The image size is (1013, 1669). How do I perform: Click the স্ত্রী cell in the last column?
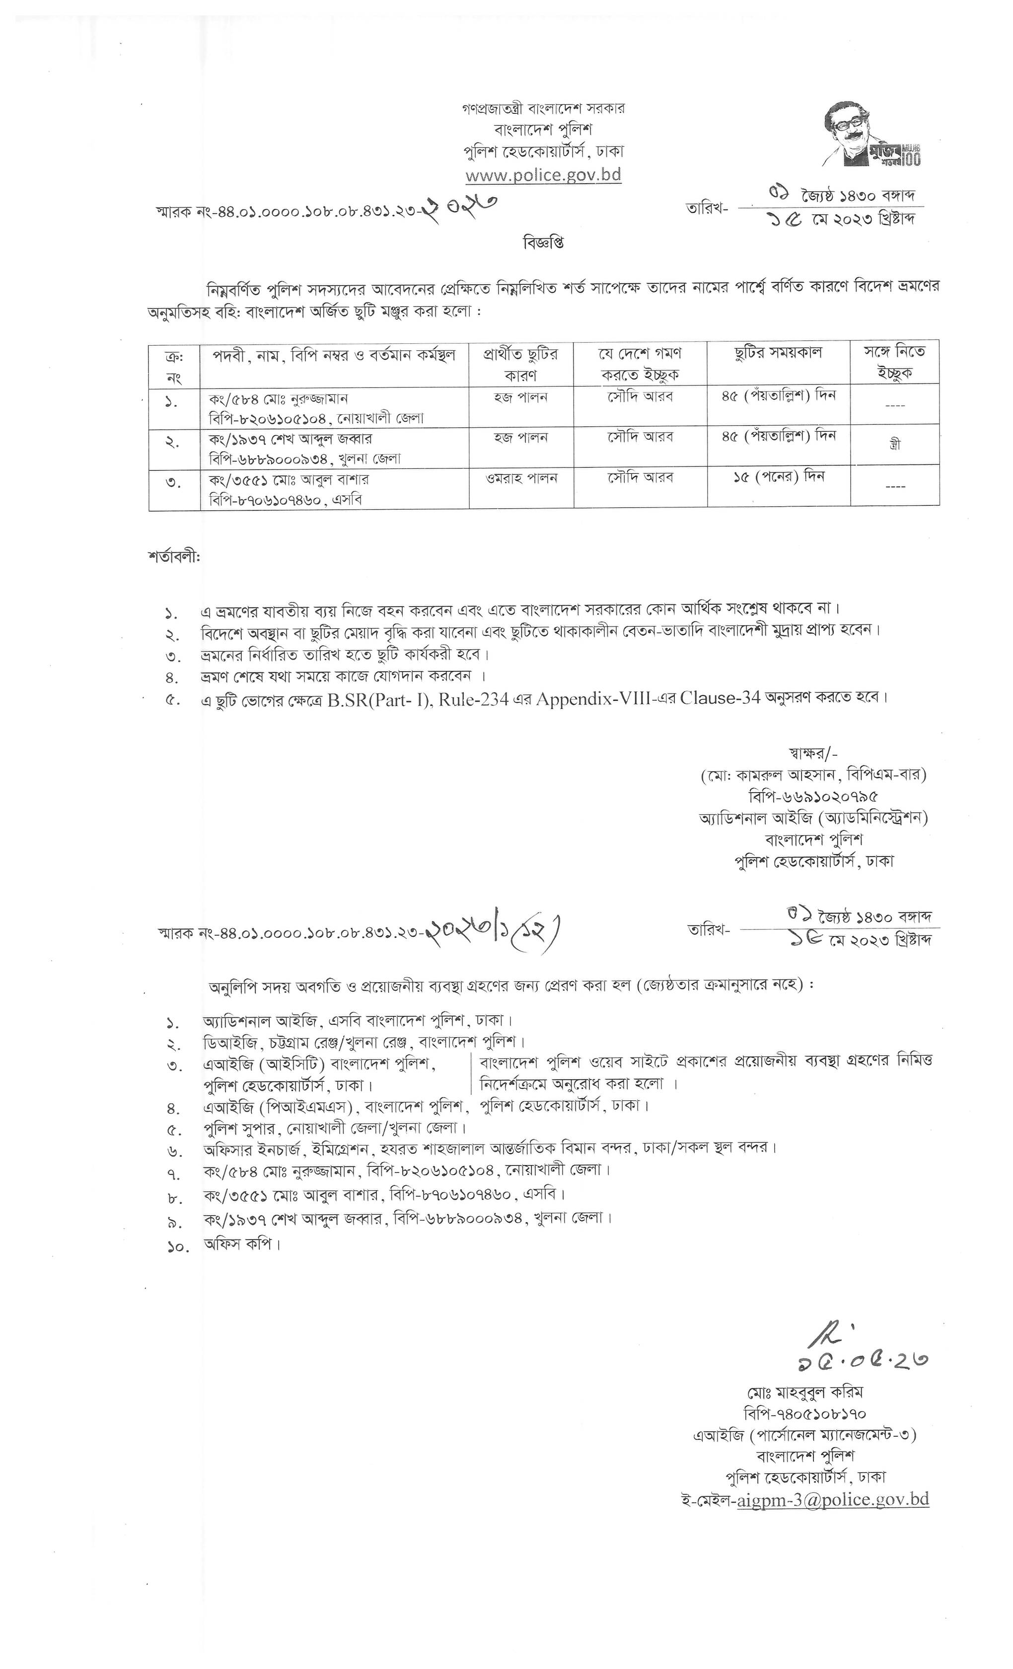894,445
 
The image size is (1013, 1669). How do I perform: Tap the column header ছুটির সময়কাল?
778,352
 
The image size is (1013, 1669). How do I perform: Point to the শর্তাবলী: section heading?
174,557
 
